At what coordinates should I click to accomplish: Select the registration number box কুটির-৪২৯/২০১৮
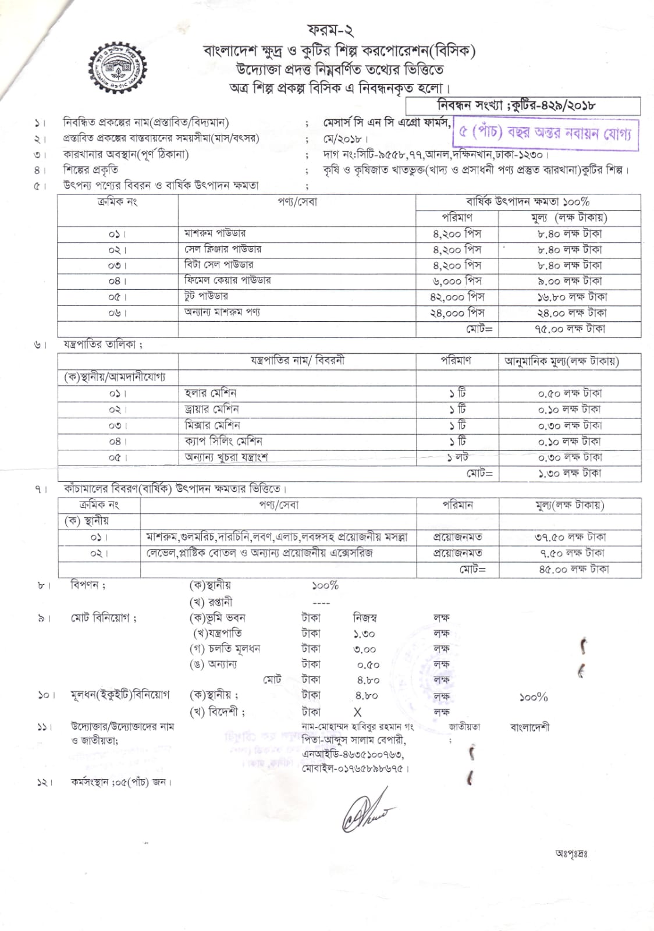(x=523, y=106)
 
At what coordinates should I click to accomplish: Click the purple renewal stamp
(x=545, y=134)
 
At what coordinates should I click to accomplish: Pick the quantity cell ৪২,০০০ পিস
(x=457, y=297)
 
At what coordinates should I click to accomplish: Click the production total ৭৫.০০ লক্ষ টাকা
(x=570, y=329)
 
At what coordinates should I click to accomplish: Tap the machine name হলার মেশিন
(x=210, y=393)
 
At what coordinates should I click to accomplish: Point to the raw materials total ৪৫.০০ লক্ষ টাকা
(x=574, y=570)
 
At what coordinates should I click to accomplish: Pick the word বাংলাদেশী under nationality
(x=529, y=727)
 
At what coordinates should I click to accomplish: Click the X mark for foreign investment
(x=357, y=712)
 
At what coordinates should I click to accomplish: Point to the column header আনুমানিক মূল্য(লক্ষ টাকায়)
(x=561, y=361)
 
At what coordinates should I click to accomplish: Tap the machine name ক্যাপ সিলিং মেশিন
(x=223, y=441)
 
